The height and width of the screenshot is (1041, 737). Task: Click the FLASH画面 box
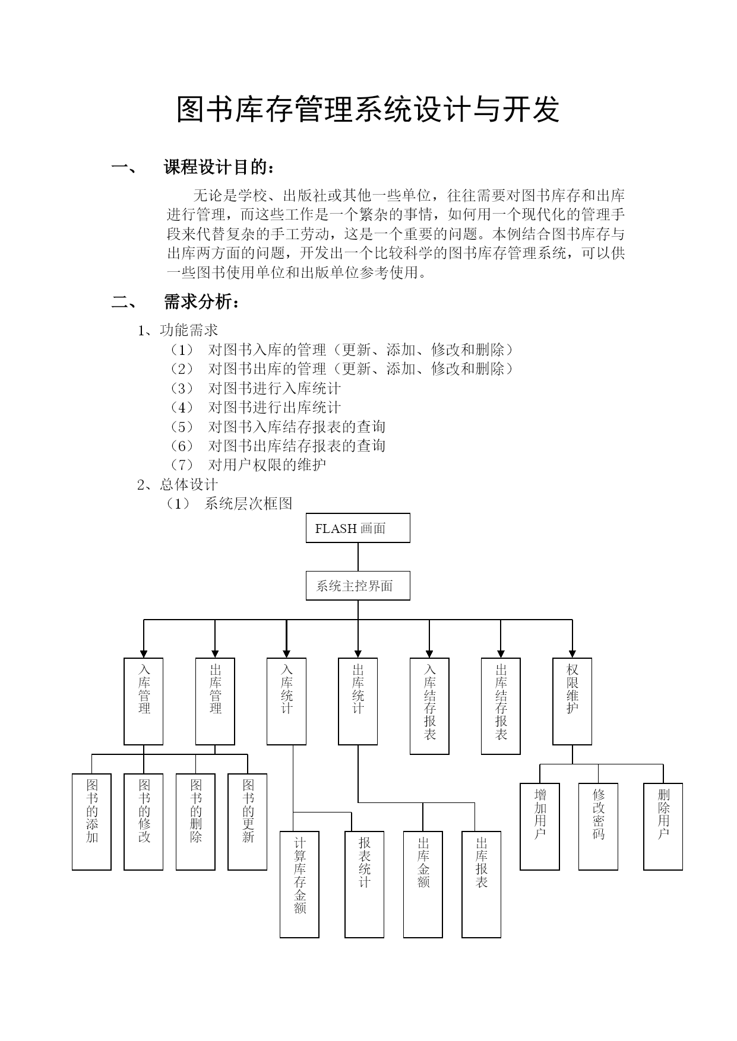[358, 528]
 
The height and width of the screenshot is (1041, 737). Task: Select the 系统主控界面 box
[358, 586]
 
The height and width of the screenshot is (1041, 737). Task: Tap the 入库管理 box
[144, 701]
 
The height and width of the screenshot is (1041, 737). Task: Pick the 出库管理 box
[215, 701]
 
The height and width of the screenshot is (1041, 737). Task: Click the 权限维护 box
[572, 701]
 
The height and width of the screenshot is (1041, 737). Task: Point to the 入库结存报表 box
[429, 706]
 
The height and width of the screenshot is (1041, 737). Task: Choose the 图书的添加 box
[91, 821]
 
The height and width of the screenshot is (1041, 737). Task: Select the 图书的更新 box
[248, 821]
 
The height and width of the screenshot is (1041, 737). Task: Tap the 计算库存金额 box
[299, 884]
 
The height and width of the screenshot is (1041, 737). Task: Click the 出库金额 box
[423, 884]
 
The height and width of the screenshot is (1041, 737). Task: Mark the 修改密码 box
[598, 826]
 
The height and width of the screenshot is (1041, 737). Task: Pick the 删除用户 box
[663, 826]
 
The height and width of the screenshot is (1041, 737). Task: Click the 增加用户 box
[540, 826]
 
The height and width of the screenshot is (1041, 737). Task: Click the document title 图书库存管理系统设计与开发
[368, 109]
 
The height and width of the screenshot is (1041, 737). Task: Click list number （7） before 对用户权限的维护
[182, 465]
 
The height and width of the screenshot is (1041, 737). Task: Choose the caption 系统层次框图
[248, 504]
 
